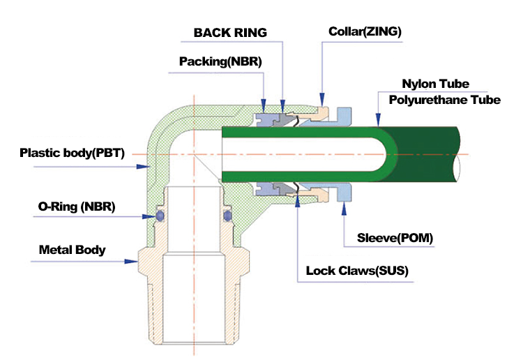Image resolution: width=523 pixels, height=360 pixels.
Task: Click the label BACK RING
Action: pos(230,33)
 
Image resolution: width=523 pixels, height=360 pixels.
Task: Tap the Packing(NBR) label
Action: pos(216,61)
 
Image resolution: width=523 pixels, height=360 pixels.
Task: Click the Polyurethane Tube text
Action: pos(444,100)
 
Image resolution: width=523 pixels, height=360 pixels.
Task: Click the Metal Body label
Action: pos(73,249)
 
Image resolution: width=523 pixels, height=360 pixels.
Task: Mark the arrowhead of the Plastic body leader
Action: pos(148,167)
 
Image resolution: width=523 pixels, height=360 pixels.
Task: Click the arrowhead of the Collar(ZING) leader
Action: pos(321,100)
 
